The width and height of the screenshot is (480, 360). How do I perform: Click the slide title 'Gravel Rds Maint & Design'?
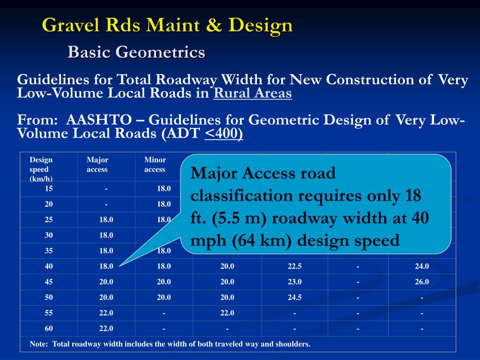(167, 25)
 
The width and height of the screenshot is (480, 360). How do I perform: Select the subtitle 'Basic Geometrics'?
(136, 52)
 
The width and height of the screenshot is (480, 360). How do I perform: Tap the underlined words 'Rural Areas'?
(252, 93)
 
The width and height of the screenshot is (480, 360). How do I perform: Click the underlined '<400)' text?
(224, 134)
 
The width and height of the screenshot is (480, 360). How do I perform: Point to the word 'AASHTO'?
(96, 120)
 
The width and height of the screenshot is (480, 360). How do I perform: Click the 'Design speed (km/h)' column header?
(41, 169)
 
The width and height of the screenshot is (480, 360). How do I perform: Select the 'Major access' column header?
(97, 165)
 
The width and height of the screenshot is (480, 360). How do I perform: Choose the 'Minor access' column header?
(155, 165)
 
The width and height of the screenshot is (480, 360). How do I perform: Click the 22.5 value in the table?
(294, 266)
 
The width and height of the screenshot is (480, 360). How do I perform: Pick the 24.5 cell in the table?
(294, 297)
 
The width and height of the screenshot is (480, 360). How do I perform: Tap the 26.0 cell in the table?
(421, 282)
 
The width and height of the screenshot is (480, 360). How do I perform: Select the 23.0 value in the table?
(294, 282)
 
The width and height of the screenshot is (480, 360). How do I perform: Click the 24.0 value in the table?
(421, 266)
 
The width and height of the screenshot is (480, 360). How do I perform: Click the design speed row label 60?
(49, 328)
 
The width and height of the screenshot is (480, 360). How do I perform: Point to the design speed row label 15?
(49, 189)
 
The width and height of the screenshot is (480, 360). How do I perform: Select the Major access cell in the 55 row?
(106, 313)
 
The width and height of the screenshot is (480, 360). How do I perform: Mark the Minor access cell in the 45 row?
(164, 282)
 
